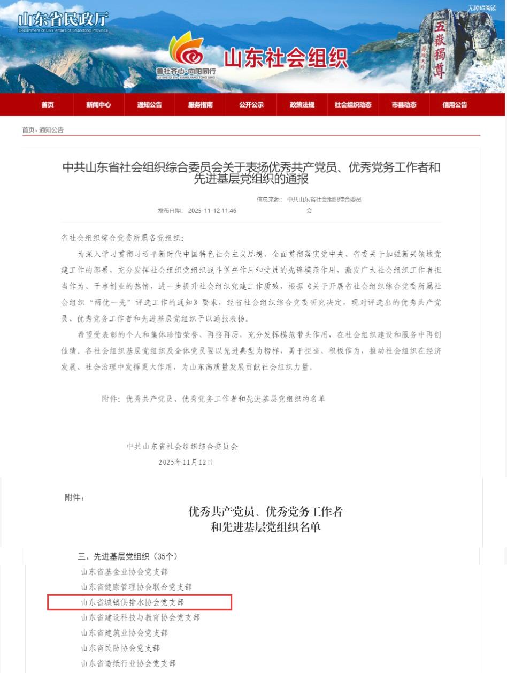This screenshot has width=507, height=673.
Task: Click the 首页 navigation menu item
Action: point(48,105)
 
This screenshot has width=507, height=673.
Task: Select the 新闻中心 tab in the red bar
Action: point(98,105)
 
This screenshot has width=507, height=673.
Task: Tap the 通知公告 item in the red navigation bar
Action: point(149,105)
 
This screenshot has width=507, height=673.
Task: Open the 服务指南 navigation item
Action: point(200,105)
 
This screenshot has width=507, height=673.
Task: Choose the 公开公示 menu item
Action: point(251,105)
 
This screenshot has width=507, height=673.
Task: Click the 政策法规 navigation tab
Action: point(302,105)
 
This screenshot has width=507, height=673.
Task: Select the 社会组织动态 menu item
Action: point(353,105)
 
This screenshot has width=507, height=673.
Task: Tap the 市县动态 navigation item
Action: point(404,105)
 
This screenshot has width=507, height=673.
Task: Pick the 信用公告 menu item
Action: point(455,105)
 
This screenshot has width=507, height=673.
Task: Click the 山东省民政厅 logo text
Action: point(63,20)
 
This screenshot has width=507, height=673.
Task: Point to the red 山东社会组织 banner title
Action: point(286,58)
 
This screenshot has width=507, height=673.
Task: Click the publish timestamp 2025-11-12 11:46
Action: point(212,211)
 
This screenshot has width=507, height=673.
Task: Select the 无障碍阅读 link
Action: point(482,8)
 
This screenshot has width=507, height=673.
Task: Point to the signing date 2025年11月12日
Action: point(186,462)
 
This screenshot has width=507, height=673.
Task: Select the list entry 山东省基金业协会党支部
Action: point(125,572)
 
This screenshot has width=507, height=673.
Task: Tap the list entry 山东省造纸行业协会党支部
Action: point(128,663)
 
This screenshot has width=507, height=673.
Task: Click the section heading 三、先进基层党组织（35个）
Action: point(127,556)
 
